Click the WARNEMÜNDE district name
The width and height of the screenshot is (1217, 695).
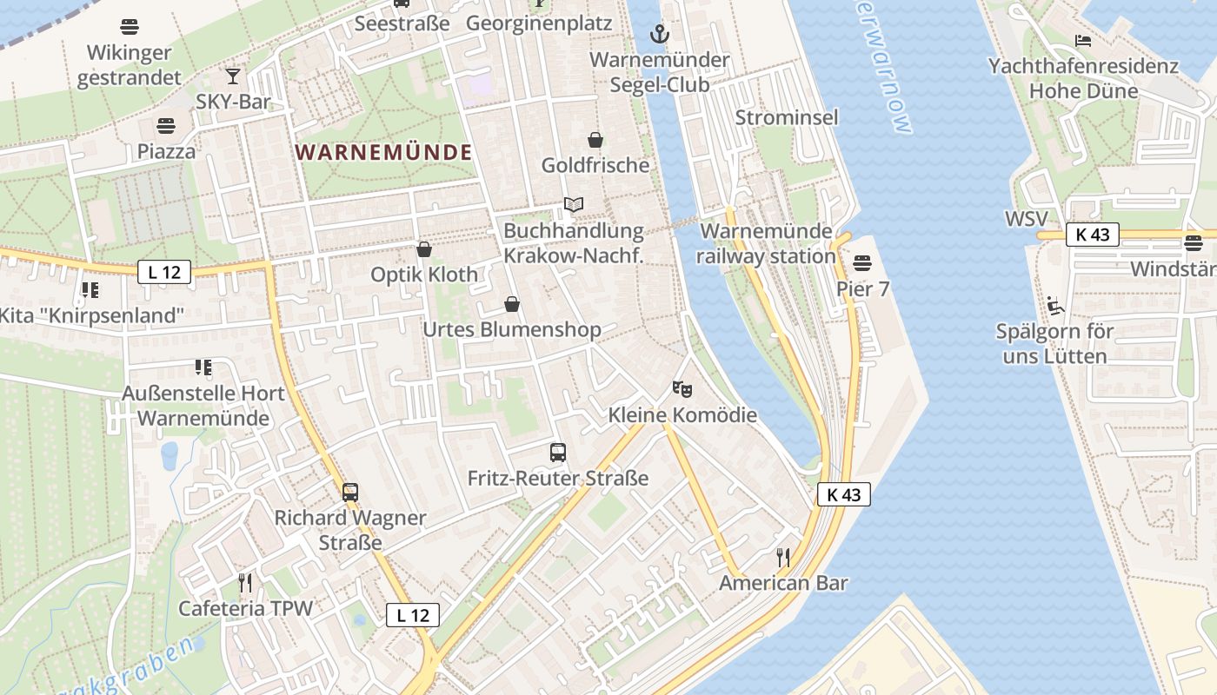click(x=383, y=153)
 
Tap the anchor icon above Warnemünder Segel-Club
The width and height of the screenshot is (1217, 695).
click(x=660, y=35)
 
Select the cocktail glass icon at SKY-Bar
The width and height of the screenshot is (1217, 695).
click(x=233, y=76)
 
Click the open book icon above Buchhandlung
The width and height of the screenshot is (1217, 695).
click(x=573, y=205)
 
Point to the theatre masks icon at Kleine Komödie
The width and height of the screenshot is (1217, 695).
click(x=682, y=388)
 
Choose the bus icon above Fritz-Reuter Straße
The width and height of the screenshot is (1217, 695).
click(x=558, y=453)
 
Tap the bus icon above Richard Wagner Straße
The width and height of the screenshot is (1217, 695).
click(x=349, y=493)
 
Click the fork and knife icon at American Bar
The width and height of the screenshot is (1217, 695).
click(x=783, y=557)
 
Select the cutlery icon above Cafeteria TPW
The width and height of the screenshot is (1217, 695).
click(x=245, y=582)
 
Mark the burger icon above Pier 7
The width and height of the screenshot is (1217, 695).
click(x=862, y=262)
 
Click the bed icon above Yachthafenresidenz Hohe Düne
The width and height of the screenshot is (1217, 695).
click(x=1083, y=41)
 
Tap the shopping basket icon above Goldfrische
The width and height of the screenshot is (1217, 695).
click(x=595, y=140)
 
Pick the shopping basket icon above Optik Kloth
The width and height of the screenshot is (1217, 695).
click(x=424, y=250)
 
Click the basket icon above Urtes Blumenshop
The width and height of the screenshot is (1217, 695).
click(x=512, y=305)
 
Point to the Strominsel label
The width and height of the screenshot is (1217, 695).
click(x=787, y=117)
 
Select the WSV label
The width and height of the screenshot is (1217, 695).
click(x=1026, y=219)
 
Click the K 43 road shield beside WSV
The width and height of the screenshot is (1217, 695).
click(x=1092, y=235)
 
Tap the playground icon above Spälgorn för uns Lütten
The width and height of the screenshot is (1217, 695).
click(x=1054, y=305)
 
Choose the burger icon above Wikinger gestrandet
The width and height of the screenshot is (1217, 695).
click(x=130, y=27)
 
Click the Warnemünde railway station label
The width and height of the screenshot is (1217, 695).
click(x=766, y=244)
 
